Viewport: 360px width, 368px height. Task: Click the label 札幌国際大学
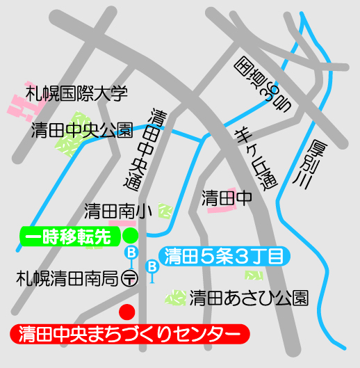[x=76, y=92]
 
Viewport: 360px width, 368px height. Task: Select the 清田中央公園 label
[x=82, y=129]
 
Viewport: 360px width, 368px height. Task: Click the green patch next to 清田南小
[x=165, y=210]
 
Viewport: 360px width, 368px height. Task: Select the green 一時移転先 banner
[x=67, y=237]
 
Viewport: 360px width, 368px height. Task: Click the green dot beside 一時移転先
[x=129, y=236]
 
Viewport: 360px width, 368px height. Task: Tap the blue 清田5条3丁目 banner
[x=222, y=256]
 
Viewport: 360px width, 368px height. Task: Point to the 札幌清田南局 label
[x=66, y=278]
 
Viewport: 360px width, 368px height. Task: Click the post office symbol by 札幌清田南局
[x=129, y=278]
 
